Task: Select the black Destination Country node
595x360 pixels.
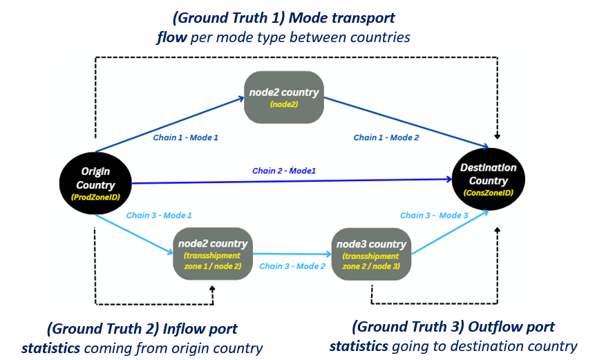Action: (x=489, y=179)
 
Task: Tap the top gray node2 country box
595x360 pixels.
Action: (x=284, y=97)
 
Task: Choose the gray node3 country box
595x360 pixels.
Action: (x=371, y=254)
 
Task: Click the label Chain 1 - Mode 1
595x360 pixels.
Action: (x=185, y=138)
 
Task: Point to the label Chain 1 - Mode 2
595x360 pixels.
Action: (x=386, y=138)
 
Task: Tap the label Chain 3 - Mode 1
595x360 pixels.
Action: (x=159, y=216)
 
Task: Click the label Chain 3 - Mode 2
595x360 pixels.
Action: (x=292, y=266)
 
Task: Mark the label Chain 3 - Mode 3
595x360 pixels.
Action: (x=434, y=216)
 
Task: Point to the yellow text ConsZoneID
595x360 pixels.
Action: (x=489, y=193)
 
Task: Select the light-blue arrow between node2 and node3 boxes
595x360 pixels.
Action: (x=292, y=254)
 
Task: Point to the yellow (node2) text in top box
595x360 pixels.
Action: (x=284, y=105)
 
